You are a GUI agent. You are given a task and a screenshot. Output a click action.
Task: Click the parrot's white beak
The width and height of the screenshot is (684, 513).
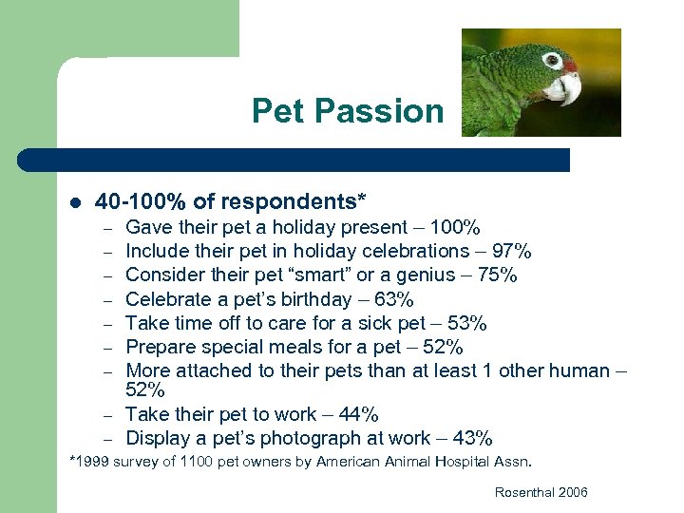coord(564,89)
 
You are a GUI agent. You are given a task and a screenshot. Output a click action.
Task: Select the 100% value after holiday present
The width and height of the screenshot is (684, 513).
coord(455,227)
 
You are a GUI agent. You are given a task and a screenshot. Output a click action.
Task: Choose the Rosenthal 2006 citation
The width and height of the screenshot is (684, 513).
coord(541,492)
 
